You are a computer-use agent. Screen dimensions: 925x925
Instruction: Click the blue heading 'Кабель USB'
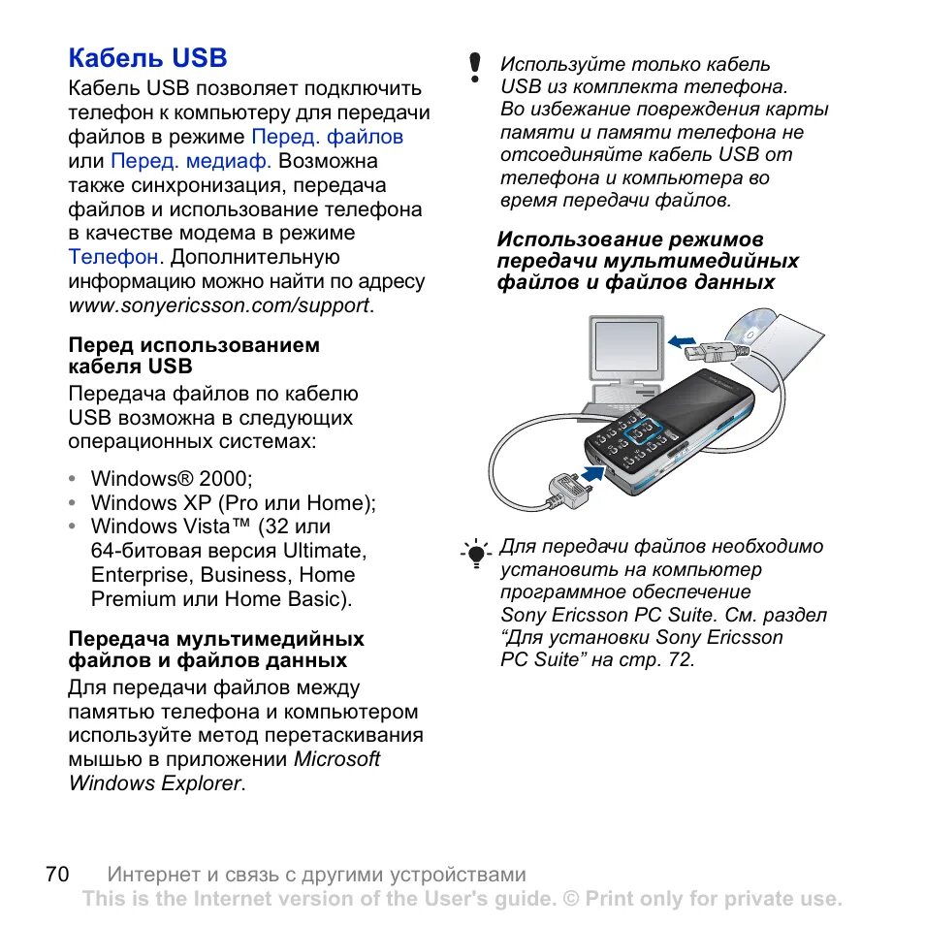pyautogui.click(x=147, y=58)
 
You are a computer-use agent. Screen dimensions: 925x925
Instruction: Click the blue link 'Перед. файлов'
pyautogui.click(x=327, y=137)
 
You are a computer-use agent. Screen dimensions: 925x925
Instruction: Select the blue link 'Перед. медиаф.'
pyautogui.click(x=191, y=161)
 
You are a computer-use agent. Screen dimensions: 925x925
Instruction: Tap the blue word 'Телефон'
pyautogui.click(x=112, y=257)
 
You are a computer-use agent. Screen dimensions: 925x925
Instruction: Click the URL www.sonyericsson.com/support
pyautogui.click(x=219, y=305)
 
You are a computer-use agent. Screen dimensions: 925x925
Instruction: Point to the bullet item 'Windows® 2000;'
pyautogui.click(x=171, y=479)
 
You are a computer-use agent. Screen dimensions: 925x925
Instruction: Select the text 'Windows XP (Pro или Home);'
pyautogui.click(x=233, y=503)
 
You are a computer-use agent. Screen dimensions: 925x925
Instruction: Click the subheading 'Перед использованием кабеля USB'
pyautogui.click(x=193, y=356)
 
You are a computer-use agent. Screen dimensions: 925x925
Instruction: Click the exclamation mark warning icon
pyautogui.click(x=474, y=67)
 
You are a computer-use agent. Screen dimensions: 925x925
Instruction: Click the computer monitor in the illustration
pyautogui.click(x=625, y=349)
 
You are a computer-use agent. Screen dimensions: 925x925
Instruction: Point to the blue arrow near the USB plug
pyautogui.click(x=683, y=339)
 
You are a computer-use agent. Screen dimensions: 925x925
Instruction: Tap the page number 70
pyautogui.click(x=57, y=874)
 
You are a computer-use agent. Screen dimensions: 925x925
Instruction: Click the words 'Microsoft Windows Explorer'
pyautogui.click(x=224, y=772)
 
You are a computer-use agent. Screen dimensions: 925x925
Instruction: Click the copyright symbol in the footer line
pyautogui.click(x=569, y=899)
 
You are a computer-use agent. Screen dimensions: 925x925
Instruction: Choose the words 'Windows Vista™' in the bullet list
pyautogui.click(x=170, y=527)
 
